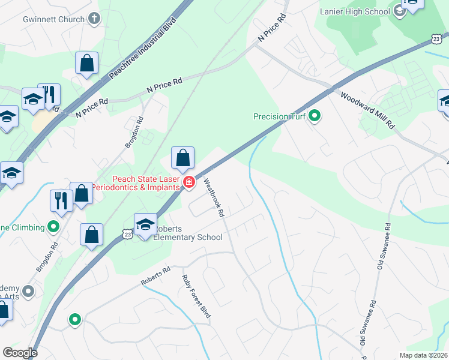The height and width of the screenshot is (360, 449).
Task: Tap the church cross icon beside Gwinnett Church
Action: pyautogui.click(x=94, y=19)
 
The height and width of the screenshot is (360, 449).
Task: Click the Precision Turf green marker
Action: pyautogui.click(x=314, y=116)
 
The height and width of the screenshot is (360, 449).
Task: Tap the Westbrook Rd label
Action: pyautogui.click(x=213, y=197)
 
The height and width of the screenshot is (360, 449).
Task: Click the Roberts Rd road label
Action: pyautogui.click(x=156, y=275)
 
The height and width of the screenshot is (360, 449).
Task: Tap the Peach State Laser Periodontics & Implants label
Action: pyautogui.click(x=146, y=184)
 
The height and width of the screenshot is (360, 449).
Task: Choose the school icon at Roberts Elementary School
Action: pyautogui.click(x=145, y=225)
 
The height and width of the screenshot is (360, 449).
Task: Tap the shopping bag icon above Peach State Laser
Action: pyautogui.click(x=183, y=158)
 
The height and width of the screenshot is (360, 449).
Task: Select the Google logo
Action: pyautogui.click(x=20, y=353)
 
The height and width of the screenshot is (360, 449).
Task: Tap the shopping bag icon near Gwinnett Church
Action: pyautogui.click(x=87, y=63)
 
